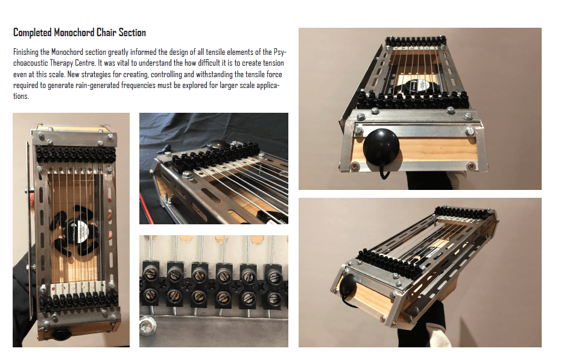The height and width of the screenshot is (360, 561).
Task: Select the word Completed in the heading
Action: (33, 33)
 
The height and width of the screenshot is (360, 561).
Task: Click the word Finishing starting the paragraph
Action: (26, 52)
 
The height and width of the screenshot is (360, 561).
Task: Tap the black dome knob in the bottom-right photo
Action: (347, 285)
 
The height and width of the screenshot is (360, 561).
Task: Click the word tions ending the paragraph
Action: (21, 96)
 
